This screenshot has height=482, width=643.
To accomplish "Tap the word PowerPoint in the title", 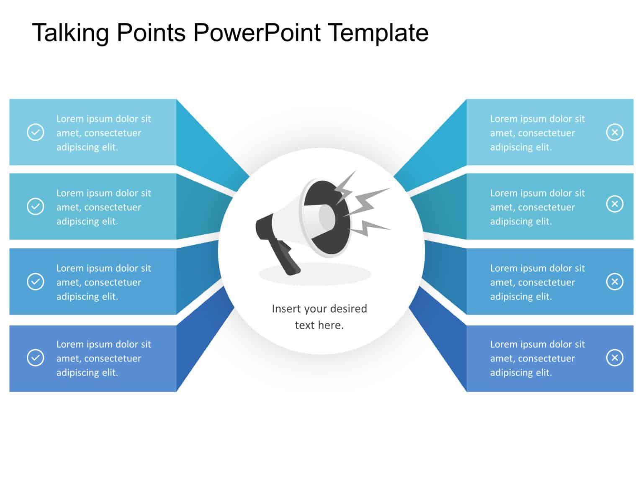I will pyautogui.click(x=257, y=33).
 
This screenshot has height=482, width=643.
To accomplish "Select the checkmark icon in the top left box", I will pyautogui.click(x=36, y=132).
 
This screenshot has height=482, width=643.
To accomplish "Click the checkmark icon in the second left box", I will pyautogui.click(x=36, y=206).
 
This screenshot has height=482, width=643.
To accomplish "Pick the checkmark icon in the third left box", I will pyautogui.click(x=36, y=282).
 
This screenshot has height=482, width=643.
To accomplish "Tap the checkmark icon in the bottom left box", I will pyautogui.click(x=36, y=358).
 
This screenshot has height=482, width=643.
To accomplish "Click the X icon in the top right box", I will pyautogui.click(x=615, y=132).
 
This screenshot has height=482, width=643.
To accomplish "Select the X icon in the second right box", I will pyautogui.click(x=615, y=204).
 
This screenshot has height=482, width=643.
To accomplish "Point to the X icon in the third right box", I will pyautogui.click(x=615, y=282).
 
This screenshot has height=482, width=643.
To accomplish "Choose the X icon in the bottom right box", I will pyautogui.click(x=615, y=358).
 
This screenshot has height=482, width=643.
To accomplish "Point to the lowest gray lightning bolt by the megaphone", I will pyautogui.click(x=368, y=228).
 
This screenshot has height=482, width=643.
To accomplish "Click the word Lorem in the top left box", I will pyautogui.click(x=70, y=119).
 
